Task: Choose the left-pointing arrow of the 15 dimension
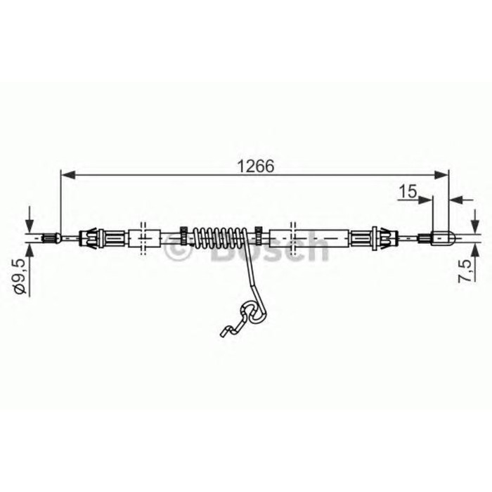point(456,200)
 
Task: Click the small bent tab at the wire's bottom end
point(228,328)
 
